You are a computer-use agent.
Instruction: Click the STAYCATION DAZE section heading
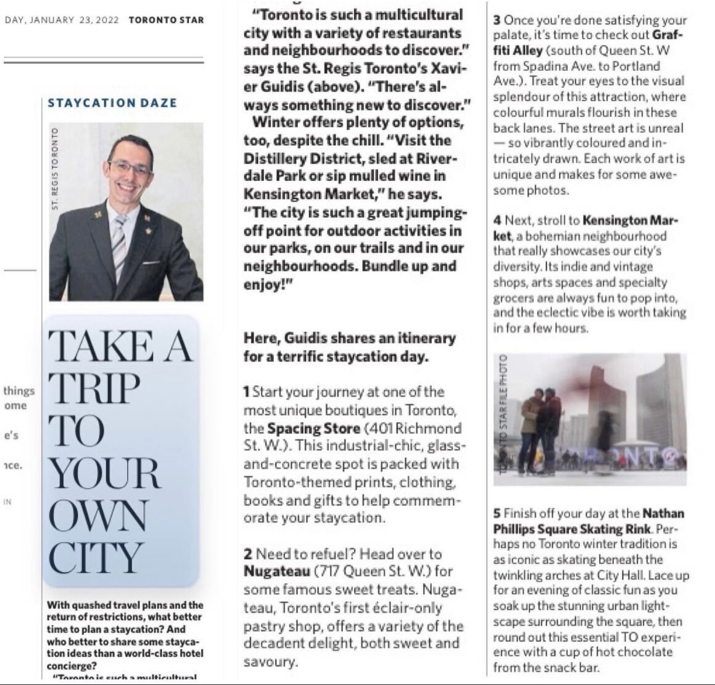tap(112, 103)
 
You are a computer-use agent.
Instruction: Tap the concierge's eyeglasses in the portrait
tap(130, 167)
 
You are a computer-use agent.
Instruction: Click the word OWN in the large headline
tap(98, 516)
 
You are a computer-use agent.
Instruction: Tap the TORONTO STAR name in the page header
tap(166, 20)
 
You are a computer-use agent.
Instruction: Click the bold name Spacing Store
tap(313, 428)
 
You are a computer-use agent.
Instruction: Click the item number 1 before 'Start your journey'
tap(247, 392)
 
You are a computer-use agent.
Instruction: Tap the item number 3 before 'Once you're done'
tap(497, 20)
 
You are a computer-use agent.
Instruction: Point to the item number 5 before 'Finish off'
tap(497, 514)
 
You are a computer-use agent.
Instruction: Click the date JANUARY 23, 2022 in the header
tap(78, 20)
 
